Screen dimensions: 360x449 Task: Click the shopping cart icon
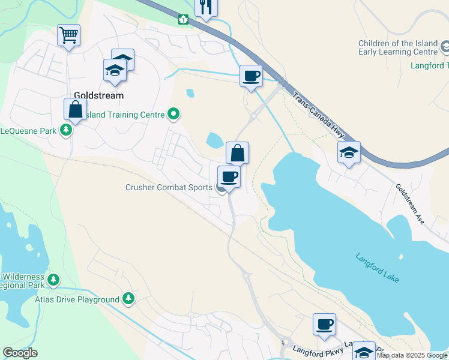click(x=68, y=35)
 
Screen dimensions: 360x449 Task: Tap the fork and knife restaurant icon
click(x=206, y=7)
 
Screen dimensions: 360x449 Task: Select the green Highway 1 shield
click(x=182, y=19)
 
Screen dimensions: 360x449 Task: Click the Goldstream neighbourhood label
click(x=98, y=95)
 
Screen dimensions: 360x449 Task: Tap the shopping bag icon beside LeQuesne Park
click(x=76, y=109)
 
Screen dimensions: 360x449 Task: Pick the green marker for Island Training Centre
click(x=174, y=113)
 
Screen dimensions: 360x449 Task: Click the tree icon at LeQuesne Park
click(x=65, y=131)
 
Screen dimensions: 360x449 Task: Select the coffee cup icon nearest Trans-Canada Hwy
click(x=251, y=76)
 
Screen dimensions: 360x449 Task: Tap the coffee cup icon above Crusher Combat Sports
click(x=228, y=176)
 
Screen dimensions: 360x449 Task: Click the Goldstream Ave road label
click(x=410, y=204)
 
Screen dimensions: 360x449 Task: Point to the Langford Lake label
click(x=377, y=268)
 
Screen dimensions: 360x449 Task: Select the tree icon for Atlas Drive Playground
click(x=128, y=298)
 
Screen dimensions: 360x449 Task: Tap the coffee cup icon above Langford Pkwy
click(x=324, y=324)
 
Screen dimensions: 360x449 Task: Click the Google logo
click(x=20, y=353)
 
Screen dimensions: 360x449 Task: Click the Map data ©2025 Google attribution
click(x=412, y=355)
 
